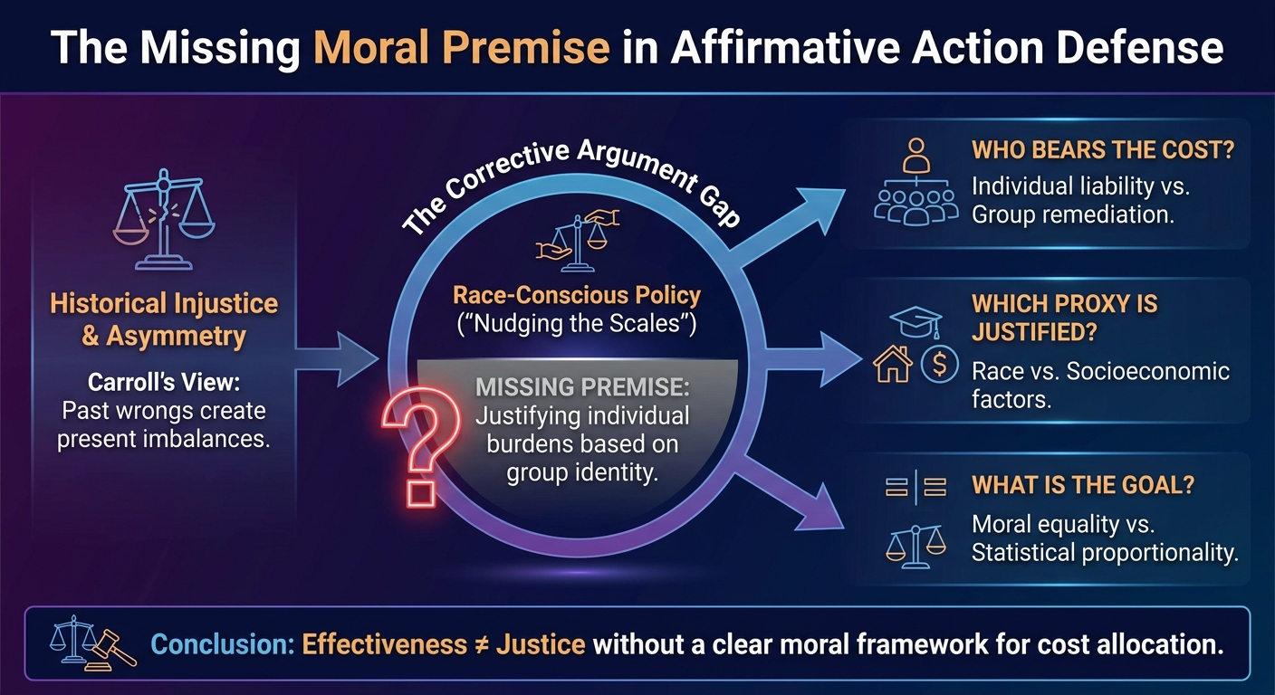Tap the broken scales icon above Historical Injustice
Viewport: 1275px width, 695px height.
(x=164, y=219)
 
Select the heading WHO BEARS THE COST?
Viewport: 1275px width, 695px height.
(x=1103, y=150)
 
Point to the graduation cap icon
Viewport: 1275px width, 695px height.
(x=916, y=322)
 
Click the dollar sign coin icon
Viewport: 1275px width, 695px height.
(x=939, y=364)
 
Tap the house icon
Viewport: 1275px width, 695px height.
(x=893, y=364)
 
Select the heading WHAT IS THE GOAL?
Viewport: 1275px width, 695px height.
(x=1083, y=485)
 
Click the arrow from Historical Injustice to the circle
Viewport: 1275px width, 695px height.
(x=337, y=359)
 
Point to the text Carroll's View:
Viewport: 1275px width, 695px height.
(x=164, y=382)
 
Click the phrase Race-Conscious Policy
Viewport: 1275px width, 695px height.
(x=577, y=295)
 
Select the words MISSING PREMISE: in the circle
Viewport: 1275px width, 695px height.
(x=582, y=386)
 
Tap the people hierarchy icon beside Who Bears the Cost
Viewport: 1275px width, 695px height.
(x=916, y=181)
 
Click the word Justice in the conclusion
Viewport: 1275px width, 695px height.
(x=541, y=645)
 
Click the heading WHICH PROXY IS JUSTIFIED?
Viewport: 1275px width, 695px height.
(x=1064, y=318)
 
